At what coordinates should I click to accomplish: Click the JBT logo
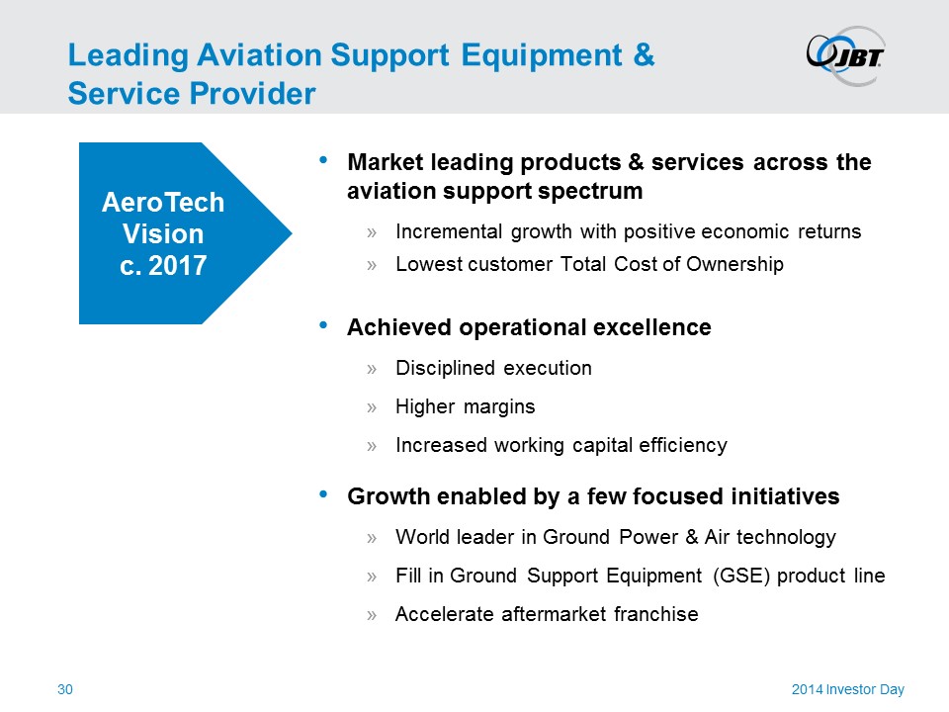[x=845, y=55]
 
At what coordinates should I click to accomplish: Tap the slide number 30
[x=65, y=689]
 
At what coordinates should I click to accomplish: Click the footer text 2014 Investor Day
[x=848, y=689]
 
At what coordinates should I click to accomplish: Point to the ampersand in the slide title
[x=644, y=54]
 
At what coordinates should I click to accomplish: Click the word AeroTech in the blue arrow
[x=163, y=202]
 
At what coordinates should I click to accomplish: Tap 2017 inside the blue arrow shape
[x=177, y=265]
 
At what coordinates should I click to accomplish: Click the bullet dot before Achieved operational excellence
[x=323, y=325]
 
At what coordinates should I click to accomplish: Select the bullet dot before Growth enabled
[x=323, y=494]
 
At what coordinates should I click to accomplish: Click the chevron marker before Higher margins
[x=372, y=407]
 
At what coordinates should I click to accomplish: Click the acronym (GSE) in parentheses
[x=741, y=576]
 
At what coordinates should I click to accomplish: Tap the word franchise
[x=656, y=614]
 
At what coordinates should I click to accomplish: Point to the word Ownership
[x=734, y=265]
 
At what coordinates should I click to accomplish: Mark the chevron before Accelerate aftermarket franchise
[x=372, y=615]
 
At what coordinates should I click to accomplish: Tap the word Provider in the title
[x=253, y=93]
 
